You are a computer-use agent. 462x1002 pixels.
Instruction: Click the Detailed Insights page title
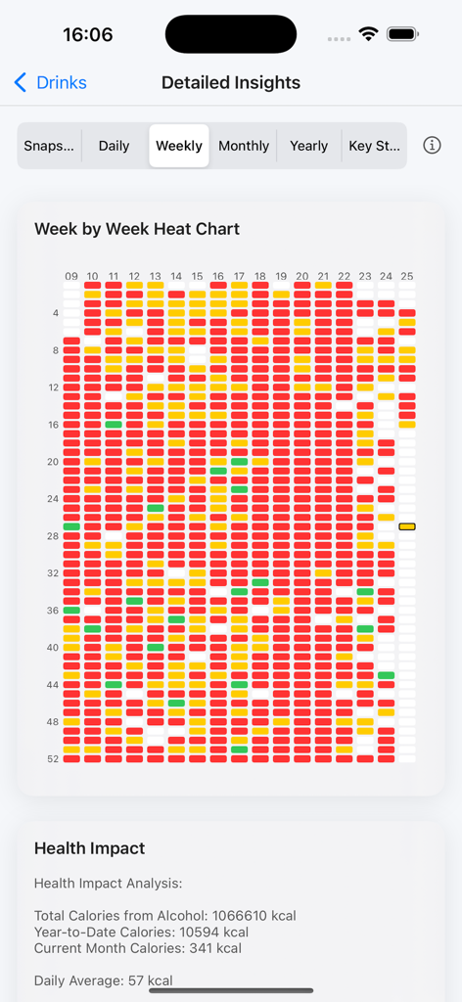231,83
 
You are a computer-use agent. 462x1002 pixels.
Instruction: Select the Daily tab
114,146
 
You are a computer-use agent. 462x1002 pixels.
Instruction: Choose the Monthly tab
244,146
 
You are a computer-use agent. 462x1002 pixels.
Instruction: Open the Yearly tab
308,146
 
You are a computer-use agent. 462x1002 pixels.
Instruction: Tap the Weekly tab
179,146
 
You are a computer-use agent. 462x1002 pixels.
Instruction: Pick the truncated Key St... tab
374,146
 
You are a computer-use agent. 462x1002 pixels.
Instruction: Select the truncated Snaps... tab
49,146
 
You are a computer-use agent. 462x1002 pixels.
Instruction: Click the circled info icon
432,146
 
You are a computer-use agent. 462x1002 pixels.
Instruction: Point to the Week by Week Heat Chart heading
137,229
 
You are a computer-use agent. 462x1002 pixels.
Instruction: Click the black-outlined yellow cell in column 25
407,526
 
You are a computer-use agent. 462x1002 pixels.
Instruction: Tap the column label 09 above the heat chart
71,277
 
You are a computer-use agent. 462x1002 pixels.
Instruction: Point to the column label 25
407,277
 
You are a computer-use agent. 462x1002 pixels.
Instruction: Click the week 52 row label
53,758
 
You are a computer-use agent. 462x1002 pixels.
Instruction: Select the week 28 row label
53,535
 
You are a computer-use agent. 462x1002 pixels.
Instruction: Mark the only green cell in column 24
386,675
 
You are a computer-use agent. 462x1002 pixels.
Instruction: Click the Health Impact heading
89,848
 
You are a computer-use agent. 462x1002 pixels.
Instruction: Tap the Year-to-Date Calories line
141,932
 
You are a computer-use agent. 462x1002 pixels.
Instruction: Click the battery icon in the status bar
403,34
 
